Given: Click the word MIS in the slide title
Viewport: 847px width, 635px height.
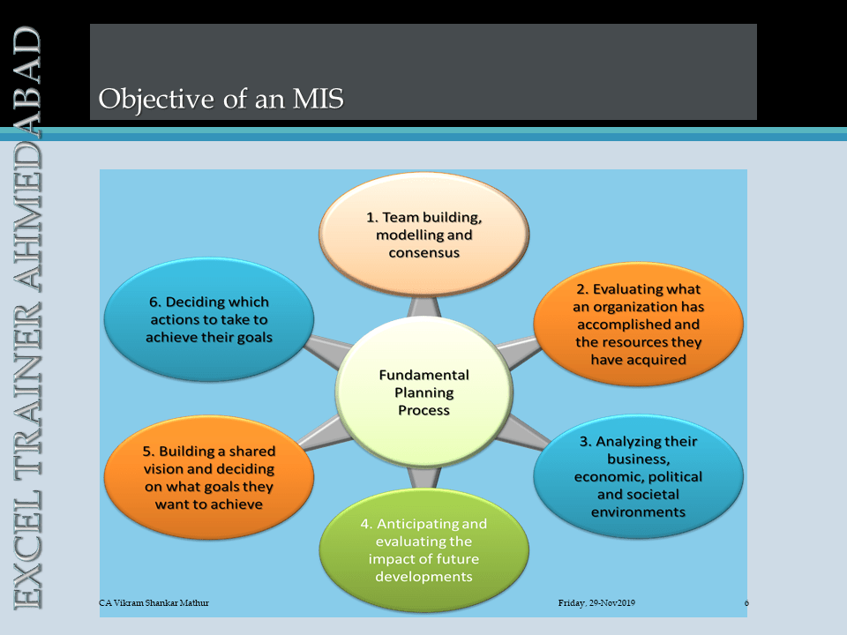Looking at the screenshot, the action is point(319,99).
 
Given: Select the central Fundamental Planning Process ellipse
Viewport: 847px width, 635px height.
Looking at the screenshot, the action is point(424,392).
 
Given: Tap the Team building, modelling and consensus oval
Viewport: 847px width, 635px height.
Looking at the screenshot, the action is point(424,235).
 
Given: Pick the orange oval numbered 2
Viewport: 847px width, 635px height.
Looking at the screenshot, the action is point(639,325).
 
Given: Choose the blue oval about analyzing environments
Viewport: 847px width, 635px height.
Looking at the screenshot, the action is point(639,476).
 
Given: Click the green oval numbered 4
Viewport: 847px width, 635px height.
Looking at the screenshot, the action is point(424,550).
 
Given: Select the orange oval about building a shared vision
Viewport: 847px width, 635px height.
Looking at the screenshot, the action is point(209,477).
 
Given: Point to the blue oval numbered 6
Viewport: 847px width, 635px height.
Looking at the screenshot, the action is point(209,319).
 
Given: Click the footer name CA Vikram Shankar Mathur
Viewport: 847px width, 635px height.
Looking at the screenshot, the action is point(154,602).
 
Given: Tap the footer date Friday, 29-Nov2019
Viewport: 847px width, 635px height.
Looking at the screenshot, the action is point(596,602).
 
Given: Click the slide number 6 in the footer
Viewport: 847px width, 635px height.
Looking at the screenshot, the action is point(746,602).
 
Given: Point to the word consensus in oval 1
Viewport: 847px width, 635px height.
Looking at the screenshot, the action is point(424,253).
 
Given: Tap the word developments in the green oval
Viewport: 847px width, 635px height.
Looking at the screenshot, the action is point(424,577).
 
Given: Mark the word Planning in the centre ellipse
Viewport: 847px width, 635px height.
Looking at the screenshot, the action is point(424,393).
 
